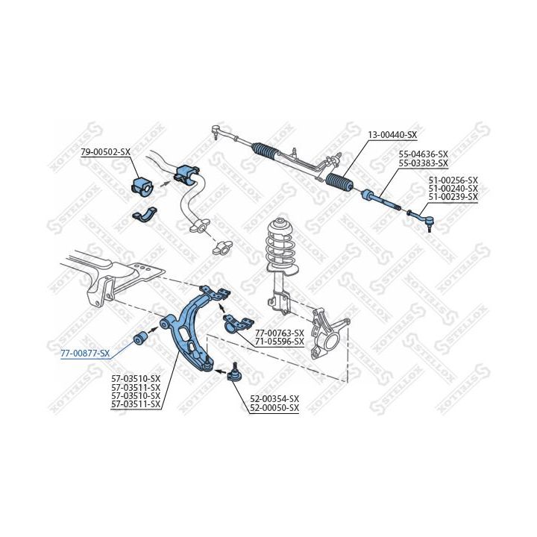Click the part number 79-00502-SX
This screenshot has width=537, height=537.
point(106,151)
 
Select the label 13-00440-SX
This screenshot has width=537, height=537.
point(392,135)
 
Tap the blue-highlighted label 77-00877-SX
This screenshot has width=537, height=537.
point(85,354)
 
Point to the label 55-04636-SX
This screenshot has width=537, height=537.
point(424,154)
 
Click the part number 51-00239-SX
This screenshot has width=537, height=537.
point(453,197)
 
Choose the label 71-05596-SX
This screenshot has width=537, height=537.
point(280,342)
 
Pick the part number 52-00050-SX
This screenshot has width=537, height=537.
point(274,408)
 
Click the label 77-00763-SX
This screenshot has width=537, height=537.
point(280,333)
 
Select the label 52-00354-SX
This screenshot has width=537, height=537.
point(274,399)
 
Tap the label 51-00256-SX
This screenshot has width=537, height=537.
point(453,180)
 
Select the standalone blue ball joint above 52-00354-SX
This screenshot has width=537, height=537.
point(233,372)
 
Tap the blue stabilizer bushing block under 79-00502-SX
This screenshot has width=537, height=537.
point(143,186)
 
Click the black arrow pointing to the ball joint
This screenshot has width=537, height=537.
point(221,371)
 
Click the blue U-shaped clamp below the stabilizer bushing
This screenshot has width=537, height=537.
point(144,215)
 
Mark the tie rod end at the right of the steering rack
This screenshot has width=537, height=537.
point(420,219)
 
